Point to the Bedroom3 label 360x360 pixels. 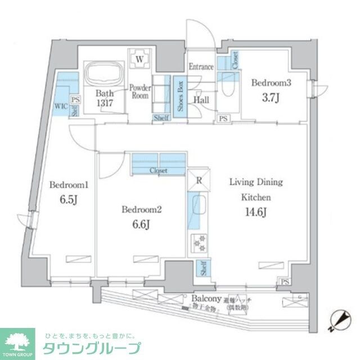271,83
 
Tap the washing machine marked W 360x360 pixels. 139,57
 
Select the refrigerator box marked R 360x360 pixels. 199,181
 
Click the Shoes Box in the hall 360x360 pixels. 181,96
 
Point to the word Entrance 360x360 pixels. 201,67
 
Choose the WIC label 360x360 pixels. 61,105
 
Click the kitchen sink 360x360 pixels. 199,209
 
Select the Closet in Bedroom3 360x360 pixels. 234,61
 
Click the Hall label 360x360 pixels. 202,100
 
